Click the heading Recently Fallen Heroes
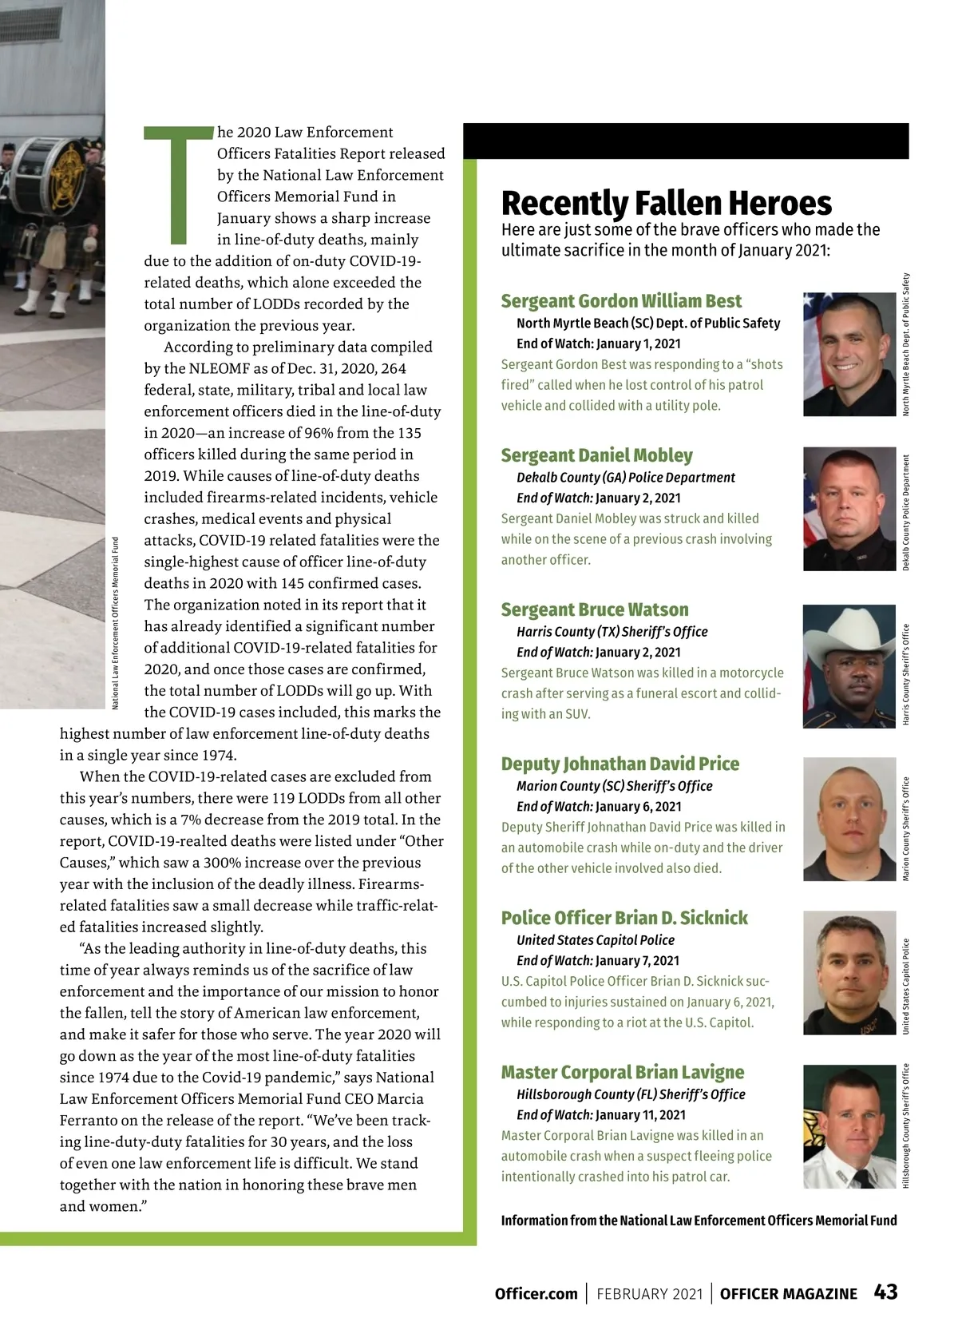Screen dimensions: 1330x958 (666, 204)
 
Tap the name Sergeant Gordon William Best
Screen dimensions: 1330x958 (621, 301)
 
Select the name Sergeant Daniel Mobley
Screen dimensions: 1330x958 (596, 455)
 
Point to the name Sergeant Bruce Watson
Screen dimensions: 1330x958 (594, 609)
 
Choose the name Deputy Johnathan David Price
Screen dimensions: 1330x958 (620, 764)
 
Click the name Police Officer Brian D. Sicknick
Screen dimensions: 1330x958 (624, 918)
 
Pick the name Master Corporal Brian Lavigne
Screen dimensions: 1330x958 (622, 1072)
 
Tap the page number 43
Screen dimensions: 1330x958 (885, 1292)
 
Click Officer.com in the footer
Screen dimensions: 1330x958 (536, 1294)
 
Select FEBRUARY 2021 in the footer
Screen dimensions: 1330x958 (649, 1294)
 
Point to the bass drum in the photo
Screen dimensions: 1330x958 (44, 176)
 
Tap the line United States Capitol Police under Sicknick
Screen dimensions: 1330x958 (595, 940)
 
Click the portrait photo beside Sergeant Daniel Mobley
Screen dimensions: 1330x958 (849, 509)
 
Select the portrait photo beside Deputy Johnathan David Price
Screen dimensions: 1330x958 (849, 819)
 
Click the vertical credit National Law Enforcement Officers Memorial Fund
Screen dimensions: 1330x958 (115, 623)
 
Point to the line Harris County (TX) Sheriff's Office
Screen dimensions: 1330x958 (612, 632)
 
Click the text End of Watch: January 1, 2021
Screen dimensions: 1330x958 (598, 343)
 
